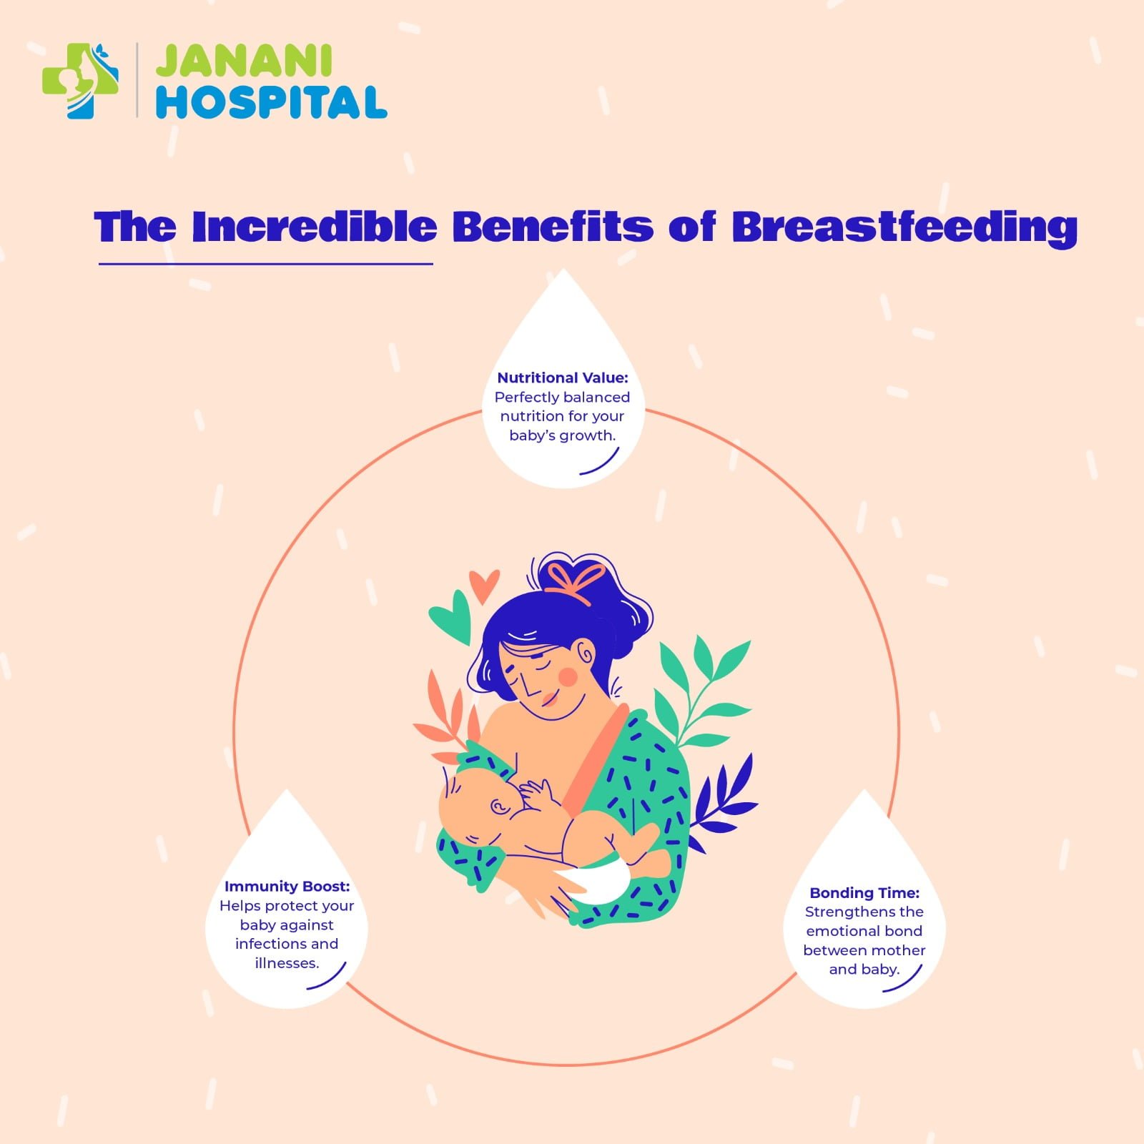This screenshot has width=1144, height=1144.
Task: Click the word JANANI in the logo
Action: (x=244, y=61)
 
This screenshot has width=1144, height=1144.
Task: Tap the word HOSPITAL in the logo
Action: (x=271, y=103)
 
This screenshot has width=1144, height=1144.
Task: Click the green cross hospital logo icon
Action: (x=80, y=81)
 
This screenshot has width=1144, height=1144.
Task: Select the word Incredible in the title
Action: (x=314, y=227)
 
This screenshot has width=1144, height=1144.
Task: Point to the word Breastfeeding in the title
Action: (x=904, y=227)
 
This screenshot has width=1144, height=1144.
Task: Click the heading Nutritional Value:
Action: (x=563, y=378)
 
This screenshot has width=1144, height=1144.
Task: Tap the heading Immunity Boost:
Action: (x=287, y=887)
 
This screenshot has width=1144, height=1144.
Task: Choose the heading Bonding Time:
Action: (x=864, y=893)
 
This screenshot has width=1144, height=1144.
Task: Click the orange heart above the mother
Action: (x=484, y=585)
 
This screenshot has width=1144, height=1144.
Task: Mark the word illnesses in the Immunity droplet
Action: (x=287, y=963)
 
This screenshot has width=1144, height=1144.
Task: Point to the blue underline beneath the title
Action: (x=265, y=264)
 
